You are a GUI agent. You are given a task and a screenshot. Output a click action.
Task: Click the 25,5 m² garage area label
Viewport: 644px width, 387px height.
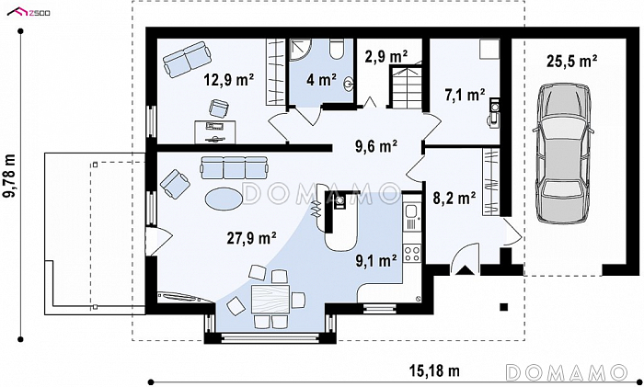click(x=571, y=62)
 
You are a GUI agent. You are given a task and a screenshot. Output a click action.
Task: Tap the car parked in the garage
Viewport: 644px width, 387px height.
click(x=563, y=154)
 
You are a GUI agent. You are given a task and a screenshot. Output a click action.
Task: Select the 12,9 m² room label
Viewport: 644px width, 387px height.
click(x=229, y=80)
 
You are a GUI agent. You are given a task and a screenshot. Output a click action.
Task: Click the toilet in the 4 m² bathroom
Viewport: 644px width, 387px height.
click(x=338, y=49)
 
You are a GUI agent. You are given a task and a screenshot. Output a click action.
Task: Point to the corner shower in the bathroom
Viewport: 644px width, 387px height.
click(x=299, y=50)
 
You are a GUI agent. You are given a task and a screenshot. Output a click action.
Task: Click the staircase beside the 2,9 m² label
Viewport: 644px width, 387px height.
click(x=406, y=87)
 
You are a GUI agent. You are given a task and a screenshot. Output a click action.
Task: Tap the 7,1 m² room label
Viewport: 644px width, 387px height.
click(x=465, y=96)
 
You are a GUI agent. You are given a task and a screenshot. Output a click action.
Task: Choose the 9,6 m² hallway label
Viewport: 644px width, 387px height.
click(x=376, y=146)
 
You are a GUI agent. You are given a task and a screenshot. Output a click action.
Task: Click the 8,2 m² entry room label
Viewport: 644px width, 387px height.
click(x=454, y=199)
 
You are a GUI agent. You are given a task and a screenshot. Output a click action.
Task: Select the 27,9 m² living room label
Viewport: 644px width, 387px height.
click(x=251, y=237)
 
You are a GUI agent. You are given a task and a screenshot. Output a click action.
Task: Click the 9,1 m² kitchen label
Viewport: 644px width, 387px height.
click(x=375, y=260)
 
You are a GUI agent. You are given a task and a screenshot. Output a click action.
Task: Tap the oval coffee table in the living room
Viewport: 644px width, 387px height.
click(x=224, y=199)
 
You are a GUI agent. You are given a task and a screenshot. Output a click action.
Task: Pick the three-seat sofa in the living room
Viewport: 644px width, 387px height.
click(x=234, y=167)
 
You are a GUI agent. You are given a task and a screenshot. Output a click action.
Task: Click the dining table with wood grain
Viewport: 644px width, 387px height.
click(x=270, y=300)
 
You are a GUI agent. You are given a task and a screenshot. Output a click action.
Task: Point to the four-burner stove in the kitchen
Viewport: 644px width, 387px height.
click(x=412, y=253)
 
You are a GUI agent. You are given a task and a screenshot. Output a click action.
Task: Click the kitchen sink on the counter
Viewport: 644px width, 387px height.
click(x=410, y=211)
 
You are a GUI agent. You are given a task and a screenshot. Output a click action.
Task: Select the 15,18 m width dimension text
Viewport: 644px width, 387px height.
click(x=434, y=371)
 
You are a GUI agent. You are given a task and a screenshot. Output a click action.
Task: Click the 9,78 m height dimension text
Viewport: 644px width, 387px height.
click(x=10, y=176)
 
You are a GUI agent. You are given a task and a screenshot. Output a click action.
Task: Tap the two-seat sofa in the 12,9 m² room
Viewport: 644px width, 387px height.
click(x=187, y=59)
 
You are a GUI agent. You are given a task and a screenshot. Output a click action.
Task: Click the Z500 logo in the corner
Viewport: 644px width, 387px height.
click(x=29, y=12)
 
